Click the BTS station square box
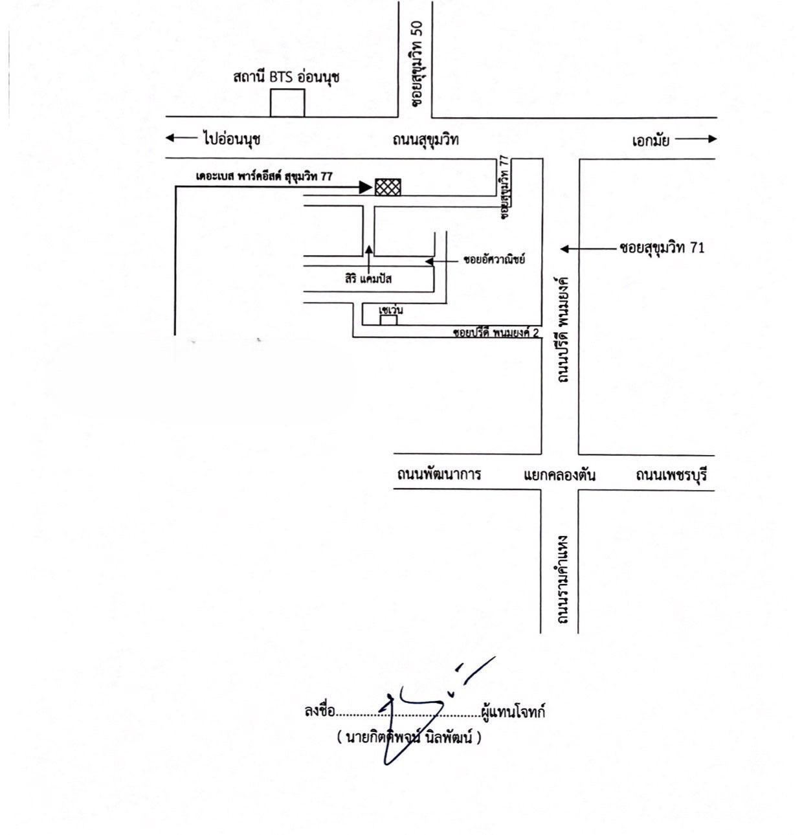coord(287,103)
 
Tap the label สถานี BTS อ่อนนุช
coord(286,76)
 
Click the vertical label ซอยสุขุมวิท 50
coord(417,63)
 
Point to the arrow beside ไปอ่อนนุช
coord(181,138)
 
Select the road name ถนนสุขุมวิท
coord(426,140)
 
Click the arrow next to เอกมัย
coord(696,139)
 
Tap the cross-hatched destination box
coord(388,187)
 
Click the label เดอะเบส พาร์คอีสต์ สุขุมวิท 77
coord(264,176)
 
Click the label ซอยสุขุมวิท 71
coord(662,248)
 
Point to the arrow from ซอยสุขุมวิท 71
coord(588,249)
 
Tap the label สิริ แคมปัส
coord(368,279)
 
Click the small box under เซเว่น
coord(388,320)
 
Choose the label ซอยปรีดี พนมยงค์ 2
coord(496,333)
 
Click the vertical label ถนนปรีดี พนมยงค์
coord(563,329)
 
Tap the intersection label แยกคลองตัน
coord(559,475)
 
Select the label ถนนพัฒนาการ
coord(439,474)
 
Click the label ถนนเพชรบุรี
coord(671,475)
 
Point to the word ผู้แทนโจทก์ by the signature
coord(513,712)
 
